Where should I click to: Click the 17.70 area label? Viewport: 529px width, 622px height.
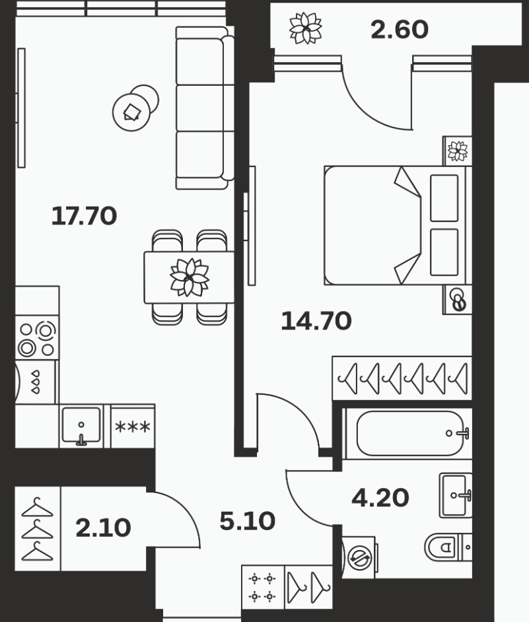click(x=84, y=216)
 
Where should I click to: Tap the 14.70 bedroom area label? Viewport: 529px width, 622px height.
click(x=316, y=321)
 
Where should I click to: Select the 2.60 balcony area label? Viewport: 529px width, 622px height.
click(x=400, y=30)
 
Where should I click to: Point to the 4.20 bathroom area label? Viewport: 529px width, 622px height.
click(x=380, y=498)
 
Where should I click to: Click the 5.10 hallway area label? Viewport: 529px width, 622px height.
click(x=247, y=521)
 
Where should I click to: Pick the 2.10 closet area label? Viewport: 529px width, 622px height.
click(x=103, y=528)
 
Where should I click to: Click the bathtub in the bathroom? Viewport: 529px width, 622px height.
click(x=408, y=433)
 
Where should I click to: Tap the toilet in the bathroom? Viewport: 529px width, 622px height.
click(x=448, y=547)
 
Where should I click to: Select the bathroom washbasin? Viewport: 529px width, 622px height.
click(x=456, y=495)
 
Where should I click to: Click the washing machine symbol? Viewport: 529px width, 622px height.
click(x=359, y=558)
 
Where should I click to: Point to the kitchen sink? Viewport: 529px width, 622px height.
click(x=81, y=426)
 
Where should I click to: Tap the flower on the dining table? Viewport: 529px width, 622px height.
click(x=190, y=277)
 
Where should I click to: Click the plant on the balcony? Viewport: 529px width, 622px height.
click(x=306, y=28)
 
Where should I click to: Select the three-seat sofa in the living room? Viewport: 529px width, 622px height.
click(x=205, y=108)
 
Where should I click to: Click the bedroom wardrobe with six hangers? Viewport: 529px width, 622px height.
click(x=402, y=378)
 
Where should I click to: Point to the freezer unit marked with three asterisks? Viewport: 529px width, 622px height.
click(x=133, y=427)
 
